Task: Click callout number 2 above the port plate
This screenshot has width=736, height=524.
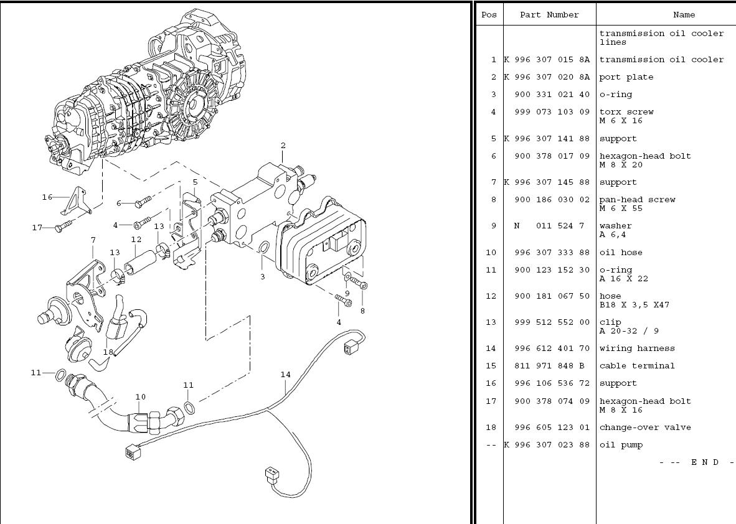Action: point(283,146)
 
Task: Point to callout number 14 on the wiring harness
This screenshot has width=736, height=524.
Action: point(285,375)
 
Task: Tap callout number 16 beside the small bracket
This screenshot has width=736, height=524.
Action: point(47,197)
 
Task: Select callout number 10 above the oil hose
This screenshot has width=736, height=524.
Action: point(141,396)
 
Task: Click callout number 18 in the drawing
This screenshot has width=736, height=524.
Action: point(108,352)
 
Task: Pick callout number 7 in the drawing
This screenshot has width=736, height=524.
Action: point(93,240)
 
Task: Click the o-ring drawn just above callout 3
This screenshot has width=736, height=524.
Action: point(263,250)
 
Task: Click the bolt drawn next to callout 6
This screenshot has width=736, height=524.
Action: point(142,201)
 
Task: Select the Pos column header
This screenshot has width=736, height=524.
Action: point(489,15)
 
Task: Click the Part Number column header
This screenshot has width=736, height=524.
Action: point(549,15)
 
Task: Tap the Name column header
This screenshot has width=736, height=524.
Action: point(684,15)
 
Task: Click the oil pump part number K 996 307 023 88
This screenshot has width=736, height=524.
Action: point(546,445)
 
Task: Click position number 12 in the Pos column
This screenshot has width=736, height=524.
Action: point(491,296)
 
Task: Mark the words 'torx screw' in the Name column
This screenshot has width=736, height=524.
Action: point(626,112)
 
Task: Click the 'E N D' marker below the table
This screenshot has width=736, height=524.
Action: point(705,462)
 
